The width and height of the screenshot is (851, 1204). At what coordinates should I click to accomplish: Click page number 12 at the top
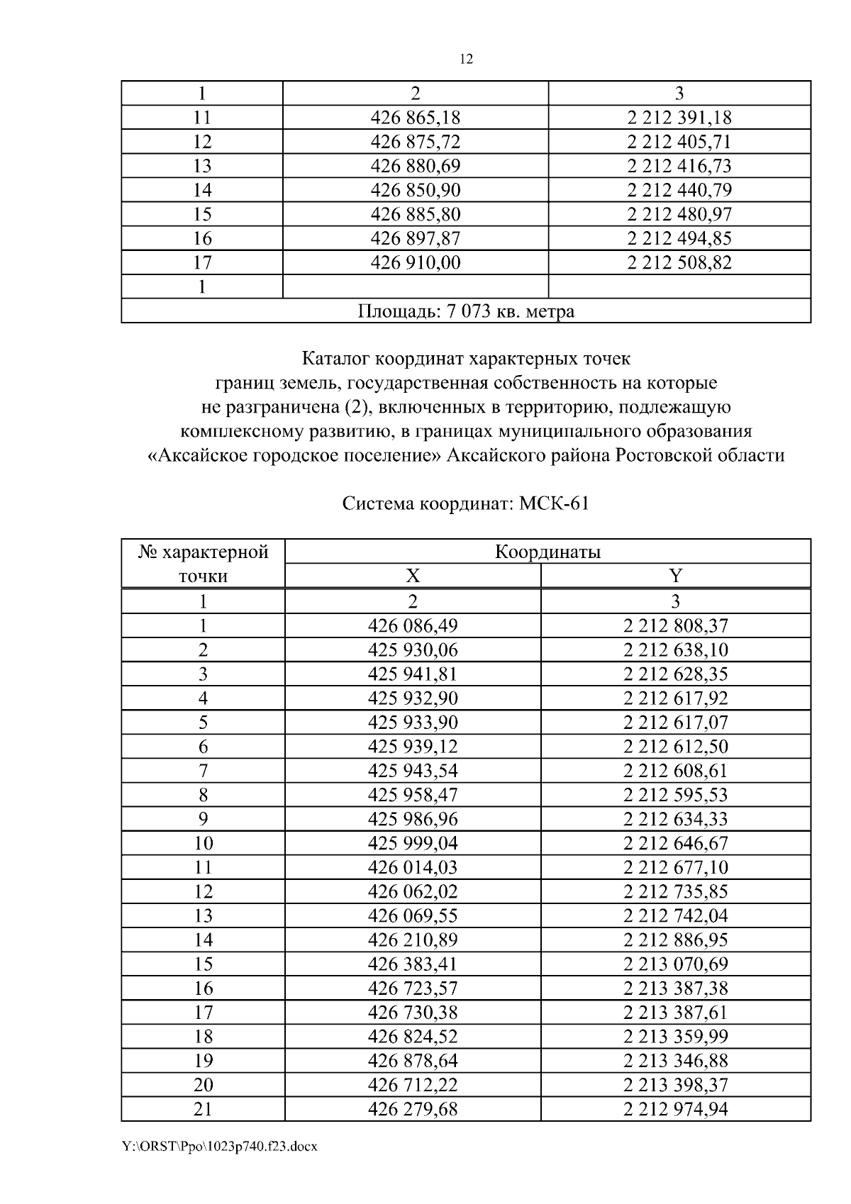pos(466,60)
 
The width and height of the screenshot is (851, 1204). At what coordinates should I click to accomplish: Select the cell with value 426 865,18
pos(416,118)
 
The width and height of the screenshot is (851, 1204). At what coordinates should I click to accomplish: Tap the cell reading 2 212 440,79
pos(679,190)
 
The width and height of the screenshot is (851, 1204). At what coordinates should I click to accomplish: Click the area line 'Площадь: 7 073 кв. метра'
pos(466,311)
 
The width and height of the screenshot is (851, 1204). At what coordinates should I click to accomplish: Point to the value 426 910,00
pos(416,263)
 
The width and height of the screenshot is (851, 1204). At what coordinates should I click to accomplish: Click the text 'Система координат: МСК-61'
pos(466,504)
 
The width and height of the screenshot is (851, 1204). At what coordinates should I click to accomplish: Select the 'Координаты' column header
pos(547,552)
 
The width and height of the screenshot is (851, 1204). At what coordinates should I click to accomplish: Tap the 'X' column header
pos(413,576)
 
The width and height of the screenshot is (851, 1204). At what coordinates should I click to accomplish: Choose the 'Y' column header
pos(675,576)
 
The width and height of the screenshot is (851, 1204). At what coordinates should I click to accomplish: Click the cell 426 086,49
pos(413,625)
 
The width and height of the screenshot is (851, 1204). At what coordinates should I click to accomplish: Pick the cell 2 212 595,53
pos(675,795)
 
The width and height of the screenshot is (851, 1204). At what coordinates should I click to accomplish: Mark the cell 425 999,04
pos(413,843)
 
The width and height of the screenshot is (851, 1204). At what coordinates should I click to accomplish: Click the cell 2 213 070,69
pos(675,964)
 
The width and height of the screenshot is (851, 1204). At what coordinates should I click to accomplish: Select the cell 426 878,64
pos(413,1061)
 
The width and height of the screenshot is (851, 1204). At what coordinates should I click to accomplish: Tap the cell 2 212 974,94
pos(675,1109)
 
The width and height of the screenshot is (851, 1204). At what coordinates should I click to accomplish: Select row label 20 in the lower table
pos(203,1085)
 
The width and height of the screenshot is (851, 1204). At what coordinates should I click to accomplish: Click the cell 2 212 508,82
pos(679,263)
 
